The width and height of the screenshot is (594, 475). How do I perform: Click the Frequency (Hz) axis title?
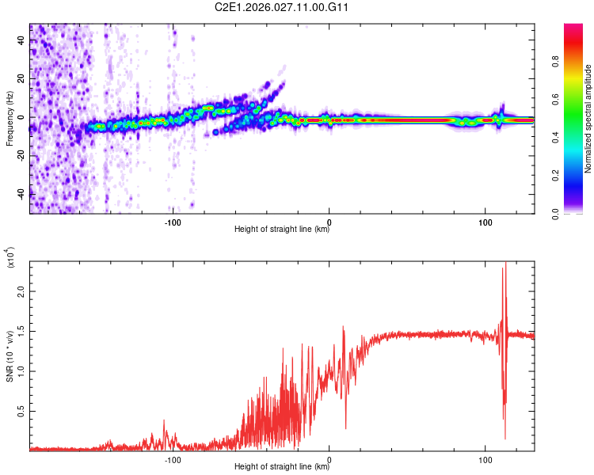click(10, 119)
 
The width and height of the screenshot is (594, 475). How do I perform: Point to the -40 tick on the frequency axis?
click(21, 193)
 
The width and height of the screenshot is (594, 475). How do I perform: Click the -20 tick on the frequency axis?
click(21, 155)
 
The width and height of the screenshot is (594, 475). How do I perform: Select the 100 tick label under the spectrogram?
click(485, 221)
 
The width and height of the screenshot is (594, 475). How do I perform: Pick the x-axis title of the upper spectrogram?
click(282, 230)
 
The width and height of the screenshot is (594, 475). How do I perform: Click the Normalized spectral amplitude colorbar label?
click(588, 119)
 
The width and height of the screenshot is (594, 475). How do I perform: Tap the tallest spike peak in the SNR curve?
click(505, 263)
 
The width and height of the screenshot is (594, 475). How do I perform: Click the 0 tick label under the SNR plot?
click(329, 458)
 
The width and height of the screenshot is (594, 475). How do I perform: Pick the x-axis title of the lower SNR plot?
click(282, 467)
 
